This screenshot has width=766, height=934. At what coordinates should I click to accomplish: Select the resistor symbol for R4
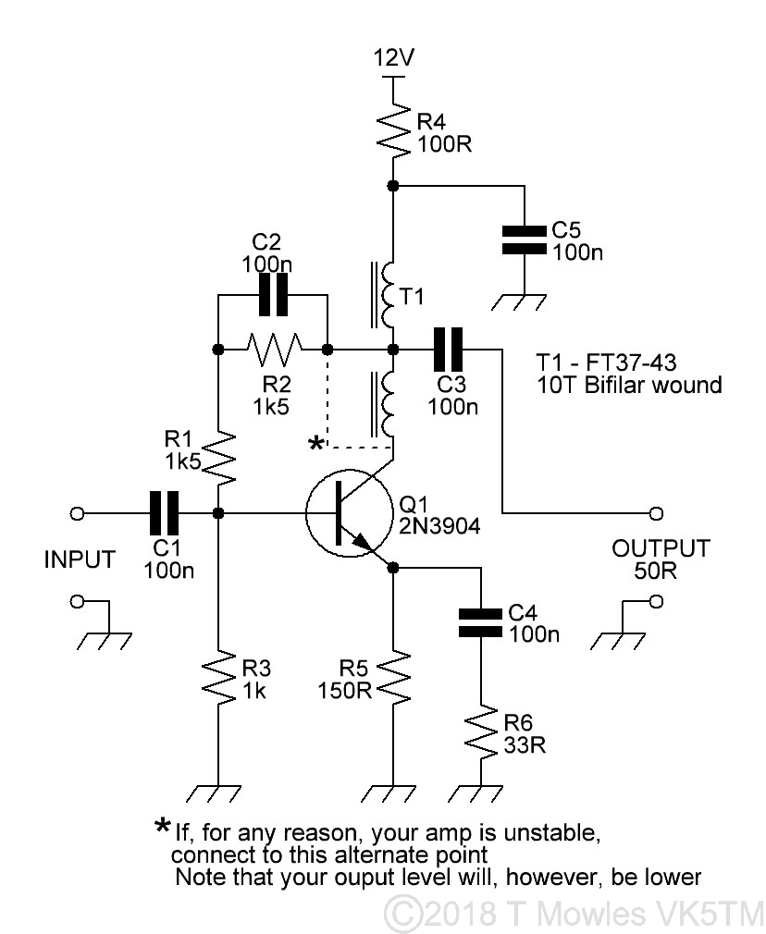point(394,129)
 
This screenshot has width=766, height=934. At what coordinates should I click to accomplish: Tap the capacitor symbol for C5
point(524,239)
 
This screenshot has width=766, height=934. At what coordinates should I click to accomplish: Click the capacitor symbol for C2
point(273,296)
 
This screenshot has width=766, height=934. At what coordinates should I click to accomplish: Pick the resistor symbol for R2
point(273,350)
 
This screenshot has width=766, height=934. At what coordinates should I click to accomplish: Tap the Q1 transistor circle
point(343,513)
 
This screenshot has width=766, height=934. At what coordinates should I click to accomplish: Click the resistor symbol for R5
point(394,679)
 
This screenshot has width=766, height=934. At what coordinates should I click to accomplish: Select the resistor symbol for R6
point(480,733)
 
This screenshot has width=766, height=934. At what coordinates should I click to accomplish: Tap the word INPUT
point(80,559)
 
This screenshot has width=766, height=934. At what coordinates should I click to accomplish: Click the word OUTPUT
point(661,548)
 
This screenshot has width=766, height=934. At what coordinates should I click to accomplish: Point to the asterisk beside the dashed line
point(316,445)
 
